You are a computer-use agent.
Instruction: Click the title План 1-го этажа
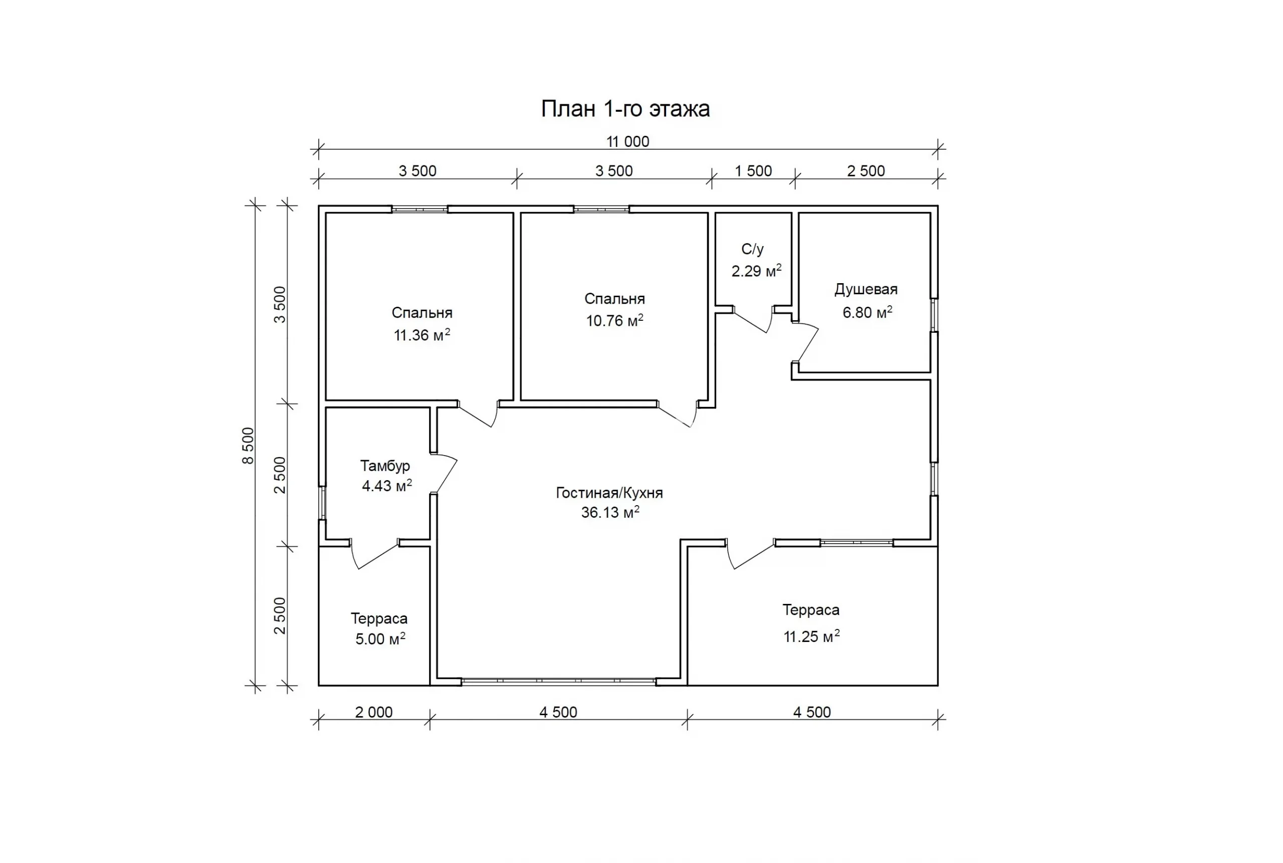tap(625, 109)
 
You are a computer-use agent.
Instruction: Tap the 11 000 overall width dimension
tap(627, 141)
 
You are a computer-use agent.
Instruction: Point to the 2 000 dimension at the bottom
tap(374, 712)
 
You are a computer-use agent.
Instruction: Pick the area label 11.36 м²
tap(421, 335)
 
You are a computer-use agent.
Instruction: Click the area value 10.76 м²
tap(614, 320)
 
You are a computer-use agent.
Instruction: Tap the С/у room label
tap(752, 249)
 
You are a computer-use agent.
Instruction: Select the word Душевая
tap(866, 290)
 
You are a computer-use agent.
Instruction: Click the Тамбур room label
tap(385, 466)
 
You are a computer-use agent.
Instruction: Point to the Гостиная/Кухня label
tap(609, 493)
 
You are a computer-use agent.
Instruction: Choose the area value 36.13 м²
tap(610, 512)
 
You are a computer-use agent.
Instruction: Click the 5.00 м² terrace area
tap(380, 638)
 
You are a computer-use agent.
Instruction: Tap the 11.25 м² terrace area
tap(811, 636)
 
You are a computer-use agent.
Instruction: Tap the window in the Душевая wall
tap(934, 315)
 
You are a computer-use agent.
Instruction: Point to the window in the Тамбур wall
tap(323, 503)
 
